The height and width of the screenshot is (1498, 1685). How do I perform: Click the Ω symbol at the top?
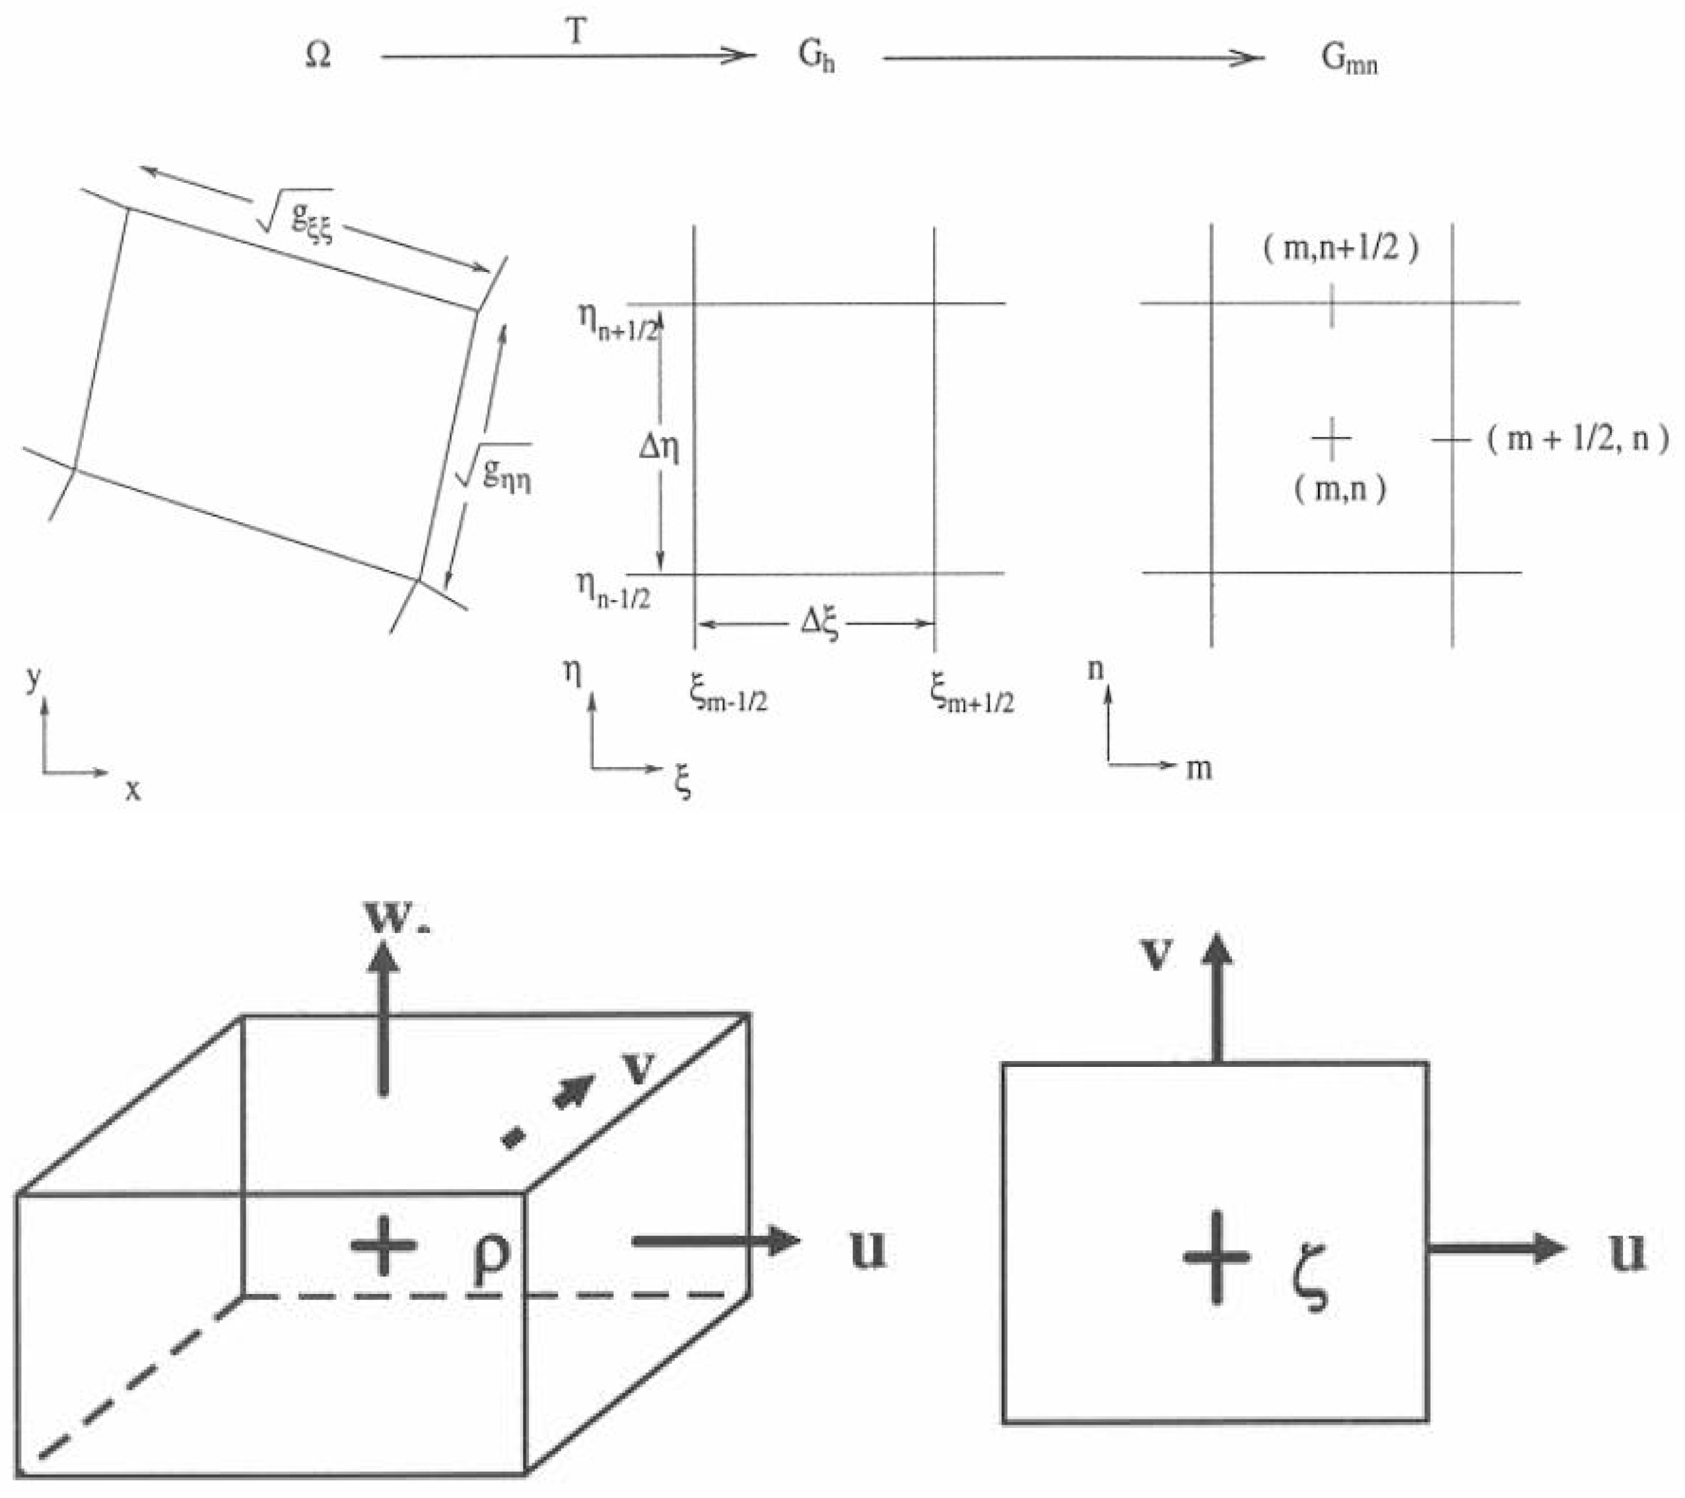point(318,56)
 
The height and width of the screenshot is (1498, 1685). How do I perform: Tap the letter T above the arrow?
point(576,33)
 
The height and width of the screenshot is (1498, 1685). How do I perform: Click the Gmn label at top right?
point(1349,59)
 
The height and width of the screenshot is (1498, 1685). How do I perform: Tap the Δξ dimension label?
point(819,624)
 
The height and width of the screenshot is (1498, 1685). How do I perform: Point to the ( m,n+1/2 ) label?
point(1341,248)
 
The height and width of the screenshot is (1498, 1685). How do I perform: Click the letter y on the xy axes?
point(33,677)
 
